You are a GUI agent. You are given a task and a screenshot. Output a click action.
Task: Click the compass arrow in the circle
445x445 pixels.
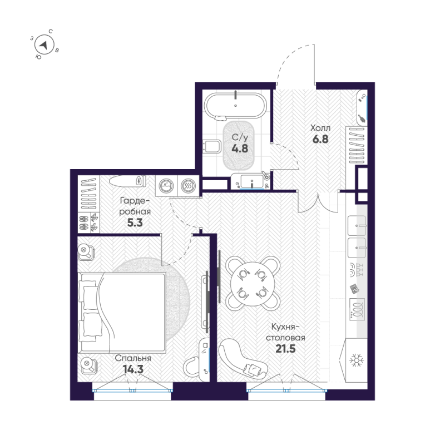[x=44, y=45]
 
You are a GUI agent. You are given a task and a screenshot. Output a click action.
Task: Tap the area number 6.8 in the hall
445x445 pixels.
[x=320, y=139]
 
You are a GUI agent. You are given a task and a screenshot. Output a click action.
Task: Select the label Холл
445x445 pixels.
[x=320, y=128]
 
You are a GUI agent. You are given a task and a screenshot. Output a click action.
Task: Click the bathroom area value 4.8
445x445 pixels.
[x=240, y=149]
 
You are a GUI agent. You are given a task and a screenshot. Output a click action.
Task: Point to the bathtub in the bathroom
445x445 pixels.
[x=235, y=105]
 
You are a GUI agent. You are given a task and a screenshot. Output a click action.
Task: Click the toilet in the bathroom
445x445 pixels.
[x=212, y=146]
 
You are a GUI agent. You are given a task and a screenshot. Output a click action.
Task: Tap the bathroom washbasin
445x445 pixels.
[x=252, y=180]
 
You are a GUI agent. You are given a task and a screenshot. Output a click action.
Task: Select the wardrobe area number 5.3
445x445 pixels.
[x=135, y=223]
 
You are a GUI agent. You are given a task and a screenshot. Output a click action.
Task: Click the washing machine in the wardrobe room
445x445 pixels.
[x=166, y=186]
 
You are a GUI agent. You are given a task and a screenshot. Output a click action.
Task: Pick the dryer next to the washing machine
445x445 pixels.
[x=188, y=186]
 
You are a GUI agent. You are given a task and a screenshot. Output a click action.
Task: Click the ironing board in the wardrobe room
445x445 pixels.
[x=127, y=181]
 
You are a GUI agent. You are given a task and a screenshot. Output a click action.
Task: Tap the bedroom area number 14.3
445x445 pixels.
[x=133, y=369]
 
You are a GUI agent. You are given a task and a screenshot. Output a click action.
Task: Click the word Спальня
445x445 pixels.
[x=133, y=358]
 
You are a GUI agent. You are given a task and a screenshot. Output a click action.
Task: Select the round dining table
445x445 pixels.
[x=253, y=284]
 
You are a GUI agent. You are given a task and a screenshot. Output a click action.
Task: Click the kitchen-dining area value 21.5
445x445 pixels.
[x=285, y=349]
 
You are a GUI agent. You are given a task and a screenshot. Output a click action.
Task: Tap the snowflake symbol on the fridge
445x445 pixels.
[x=356, y=360]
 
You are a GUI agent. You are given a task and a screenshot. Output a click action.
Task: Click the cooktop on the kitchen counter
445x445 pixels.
[x=357, y=310]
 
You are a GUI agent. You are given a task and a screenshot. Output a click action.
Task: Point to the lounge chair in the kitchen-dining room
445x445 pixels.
[x=243, y=359]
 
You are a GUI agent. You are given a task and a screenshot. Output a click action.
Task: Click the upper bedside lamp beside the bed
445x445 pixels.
[x=86, y=252]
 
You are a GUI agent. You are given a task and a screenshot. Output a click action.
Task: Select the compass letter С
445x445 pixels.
[x=51, y=31]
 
